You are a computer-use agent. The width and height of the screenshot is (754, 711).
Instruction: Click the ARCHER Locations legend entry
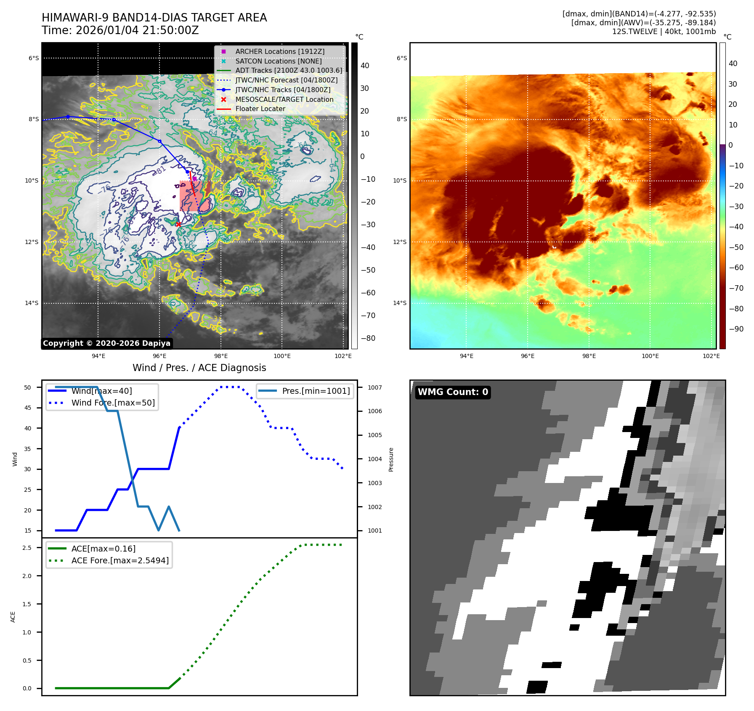(x=280, y=51)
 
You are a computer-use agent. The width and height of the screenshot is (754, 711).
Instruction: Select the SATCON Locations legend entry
(x=278, y=61)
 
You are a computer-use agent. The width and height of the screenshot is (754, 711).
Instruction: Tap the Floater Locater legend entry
(x=260, y=109)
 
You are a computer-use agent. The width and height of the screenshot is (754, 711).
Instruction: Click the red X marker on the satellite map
(x=178, y=224)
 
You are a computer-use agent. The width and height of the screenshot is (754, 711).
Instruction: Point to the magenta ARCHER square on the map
(x=194, y=179)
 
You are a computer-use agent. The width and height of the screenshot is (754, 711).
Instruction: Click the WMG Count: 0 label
(x=453, y=392)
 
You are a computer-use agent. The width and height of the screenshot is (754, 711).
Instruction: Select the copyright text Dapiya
(x=106, y=343)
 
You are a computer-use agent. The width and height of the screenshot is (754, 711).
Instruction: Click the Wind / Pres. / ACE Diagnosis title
(x=199, y=368)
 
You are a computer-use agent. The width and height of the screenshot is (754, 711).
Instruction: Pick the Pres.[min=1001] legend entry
(x=316, y=391)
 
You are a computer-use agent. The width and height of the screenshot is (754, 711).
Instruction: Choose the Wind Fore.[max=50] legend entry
(x=113, y=403)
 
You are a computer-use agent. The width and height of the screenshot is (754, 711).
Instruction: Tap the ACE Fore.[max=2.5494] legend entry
(x=120, y=560)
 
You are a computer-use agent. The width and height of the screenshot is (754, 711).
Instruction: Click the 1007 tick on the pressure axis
(x=374, y=387)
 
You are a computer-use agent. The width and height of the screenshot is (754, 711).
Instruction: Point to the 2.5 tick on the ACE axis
(x=27, y=548)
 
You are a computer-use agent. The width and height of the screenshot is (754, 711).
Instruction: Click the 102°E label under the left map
(x=343, y=356)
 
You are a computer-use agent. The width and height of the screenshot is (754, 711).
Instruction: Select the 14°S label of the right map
(x=400, y=303)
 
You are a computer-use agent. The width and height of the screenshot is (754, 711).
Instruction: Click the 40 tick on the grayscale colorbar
(x=365, y=66)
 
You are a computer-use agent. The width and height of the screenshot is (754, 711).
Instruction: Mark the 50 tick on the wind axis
(x=28, y=387)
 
